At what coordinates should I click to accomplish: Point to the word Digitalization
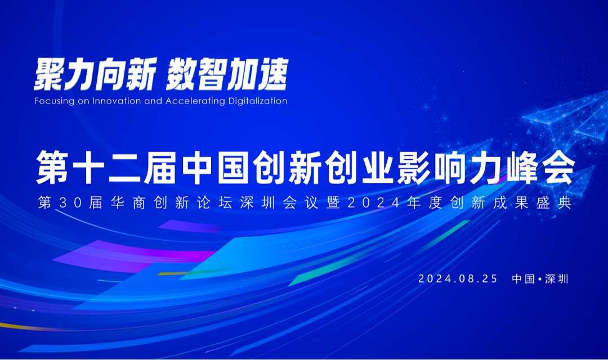pyautogui.click(x=258, y=101)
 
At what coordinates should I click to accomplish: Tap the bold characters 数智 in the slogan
pyautogui.click(x=196, y=74)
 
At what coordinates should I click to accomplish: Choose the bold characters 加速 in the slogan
pyautogui.click(x=257, y=74)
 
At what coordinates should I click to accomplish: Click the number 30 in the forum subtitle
pyautogui.click(x=71, y=202)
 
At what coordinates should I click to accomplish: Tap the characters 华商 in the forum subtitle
pyautogui.click(x=128, y=202)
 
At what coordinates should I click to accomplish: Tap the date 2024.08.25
pyautogui.click(x=458, y=278)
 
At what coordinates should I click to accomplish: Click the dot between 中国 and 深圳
pyautogui.click(x=540, y=279)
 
